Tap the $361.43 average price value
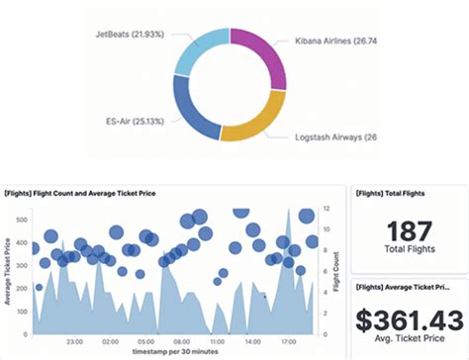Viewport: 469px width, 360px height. pyautogui.click(x=409, y=319)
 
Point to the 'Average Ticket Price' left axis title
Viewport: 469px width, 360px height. pyautogui.click(x=9, y=271)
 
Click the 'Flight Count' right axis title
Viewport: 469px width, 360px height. pyautogui.click(x=337, y=269)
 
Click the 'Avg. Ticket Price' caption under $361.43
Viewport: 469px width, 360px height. pyautogui.click(x=409, y=343)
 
